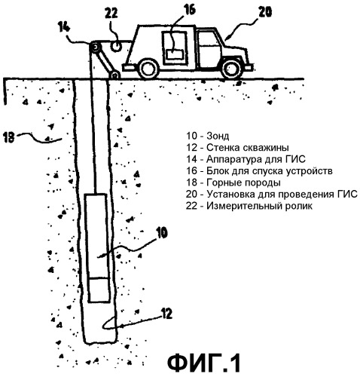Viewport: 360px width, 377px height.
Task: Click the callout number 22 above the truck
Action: pyautogui.click(x=111, y=13)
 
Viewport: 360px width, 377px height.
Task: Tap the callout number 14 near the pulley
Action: pyautogui.click(x=64, y=27)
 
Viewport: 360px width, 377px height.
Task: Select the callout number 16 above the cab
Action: pyautogui.click(x=190, y=11)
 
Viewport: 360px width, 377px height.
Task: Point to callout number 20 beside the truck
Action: pyautogui.click(x=265, y=12)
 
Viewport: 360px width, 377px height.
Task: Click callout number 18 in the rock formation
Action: pyautogui.click(x=8, y=137)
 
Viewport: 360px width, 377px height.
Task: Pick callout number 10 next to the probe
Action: pyautogui.click(x=161, y=232)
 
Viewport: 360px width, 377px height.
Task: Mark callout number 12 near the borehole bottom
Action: pyautogui.click(x=166, y=314)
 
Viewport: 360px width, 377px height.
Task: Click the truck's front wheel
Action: pyautogui.click(x=231, y=69)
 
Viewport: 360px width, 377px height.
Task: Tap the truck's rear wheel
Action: pyautogui.click(x=148, y=69)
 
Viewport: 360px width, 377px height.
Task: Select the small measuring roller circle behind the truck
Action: pyautogui.click(x=117, y=46)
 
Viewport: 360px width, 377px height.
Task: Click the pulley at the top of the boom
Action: pyautogui.click(x=96, y=48)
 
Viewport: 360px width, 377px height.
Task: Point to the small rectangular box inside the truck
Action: pyautogui.click(x=174, y=54)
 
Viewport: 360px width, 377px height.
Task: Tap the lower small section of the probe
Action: pyautogui.click(x=99, y=290)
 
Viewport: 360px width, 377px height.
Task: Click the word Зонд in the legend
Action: pyautogui.click(x=218, y=136)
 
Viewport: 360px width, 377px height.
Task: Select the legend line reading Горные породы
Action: pyautogui.click(x=233, y=182)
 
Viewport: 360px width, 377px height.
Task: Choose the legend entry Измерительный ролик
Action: pyautogui.click(x=249, y=206)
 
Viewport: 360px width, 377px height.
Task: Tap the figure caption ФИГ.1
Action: pyautogui.click(x=203, y=363)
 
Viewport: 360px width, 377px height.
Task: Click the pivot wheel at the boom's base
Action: pyautogui.click(x=114, y=75)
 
